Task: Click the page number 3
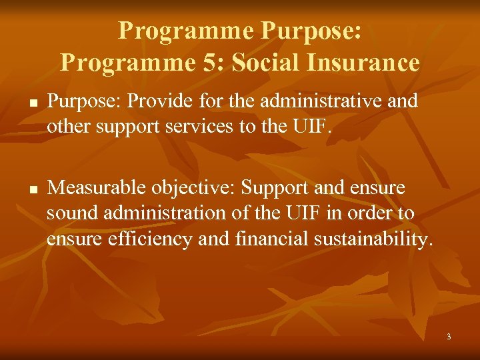pos(449,337)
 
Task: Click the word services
pos(209,126)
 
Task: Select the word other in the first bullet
pos(71,126)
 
